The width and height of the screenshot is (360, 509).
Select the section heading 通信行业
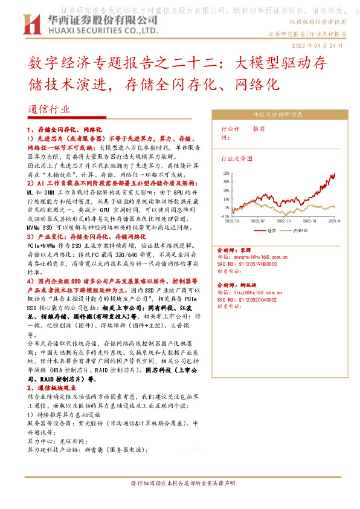(49, 109)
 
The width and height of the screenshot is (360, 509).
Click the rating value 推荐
(259, 129)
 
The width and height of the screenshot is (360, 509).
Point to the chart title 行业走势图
(236, 158)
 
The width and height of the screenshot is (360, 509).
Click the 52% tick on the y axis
(226, 173)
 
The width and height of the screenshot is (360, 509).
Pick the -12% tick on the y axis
(225, 216)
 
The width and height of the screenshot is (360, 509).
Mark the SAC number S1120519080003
(256, 263)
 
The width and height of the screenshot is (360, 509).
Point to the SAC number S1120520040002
(256, 299)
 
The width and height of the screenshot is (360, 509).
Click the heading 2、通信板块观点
(56, 387)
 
